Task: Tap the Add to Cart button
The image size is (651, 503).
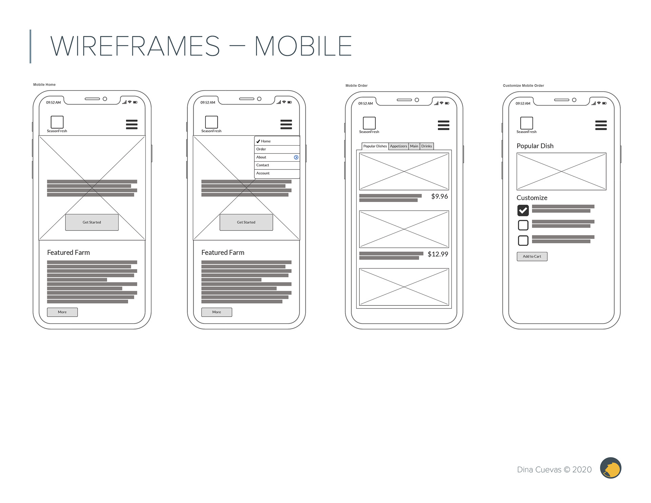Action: (532, 257)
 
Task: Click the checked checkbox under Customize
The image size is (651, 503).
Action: (523, 210)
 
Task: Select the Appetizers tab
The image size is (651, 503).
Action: (398, 146)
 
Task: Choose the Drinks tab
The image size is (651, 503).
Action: (427, 146)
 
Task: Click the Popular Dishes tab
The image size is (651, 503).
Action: (375, 146)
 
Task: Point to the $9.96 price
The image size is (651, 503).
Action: (439, 197)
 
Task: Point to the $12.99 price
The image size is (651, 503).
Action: (438, 254)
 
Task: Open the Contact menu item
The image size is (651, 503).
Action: (263, 165)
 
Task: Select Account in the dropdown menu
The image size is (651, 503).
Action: (263, 173)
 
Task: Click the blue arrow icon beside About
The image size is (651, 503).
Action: (296, 158)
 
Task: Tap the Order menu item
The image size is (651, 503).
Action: (261, 149)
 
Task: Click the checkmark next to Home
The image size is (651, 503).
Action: (258, 141)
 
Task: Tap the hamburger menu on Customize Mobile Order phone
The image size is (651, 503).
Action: (601, 125)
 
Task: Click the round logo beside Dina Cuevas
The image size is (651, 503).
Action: (610, 468)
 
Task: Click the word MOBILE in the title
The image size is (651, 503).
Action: (303, 46)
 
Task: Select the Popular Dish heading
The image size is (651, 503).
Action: (535, 146)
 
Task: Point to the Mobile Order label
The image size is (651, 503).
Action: (356, 86)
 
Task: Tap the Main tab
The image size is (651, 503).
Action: (414, 146)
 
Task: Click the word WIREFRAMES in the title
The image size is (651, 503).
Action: (135, 46)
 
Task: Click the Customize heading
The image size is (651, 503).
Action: (532, 198)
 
